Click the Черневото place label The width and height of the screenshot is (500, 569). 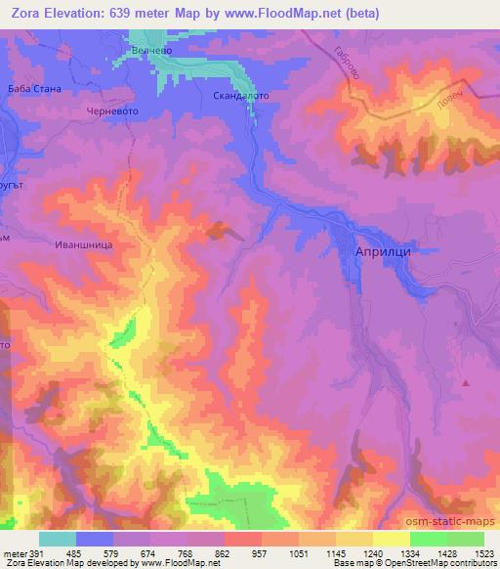pos(112,112)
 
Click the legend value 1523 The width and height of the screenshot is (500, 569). pos(483,552)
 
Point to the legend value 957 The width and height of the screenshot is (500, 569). pos(260,552)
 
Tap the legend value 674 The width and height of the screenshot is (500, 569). pos(147,552)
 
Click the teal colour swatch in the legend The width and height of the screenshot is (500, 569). pos(57,539)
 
